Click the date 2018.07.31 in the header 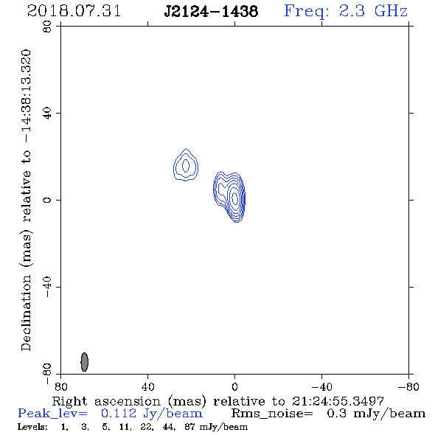point(74,11)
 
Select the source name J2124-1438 point(211,12)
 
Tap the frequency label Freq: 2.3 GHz point(346,11)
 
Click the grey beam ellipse point(84,362)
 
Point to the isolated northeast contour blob point(186,165)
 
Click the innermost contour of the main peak point(234,198)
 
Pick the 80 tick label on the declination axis point(47,27)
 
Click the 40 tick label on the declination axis point(47,114)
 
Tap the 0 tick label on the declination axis point(47,200)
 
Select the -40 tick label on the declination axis point(47,287)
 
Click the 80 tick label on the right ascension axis point(60,386)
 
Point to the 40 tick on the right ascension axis point(147,386)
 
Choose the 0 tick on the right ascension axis point(234,386)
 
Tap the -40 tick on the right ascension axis point(321,386)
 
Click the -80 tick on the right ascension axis point(408,386)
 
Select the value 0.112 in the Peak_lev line point(119,414)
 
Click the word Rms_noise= point(272,414)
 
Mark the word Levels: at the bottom point(32,427)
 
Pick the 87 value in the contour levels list point(190,427)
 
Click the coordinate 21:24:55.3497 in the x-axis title point(338,401)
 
